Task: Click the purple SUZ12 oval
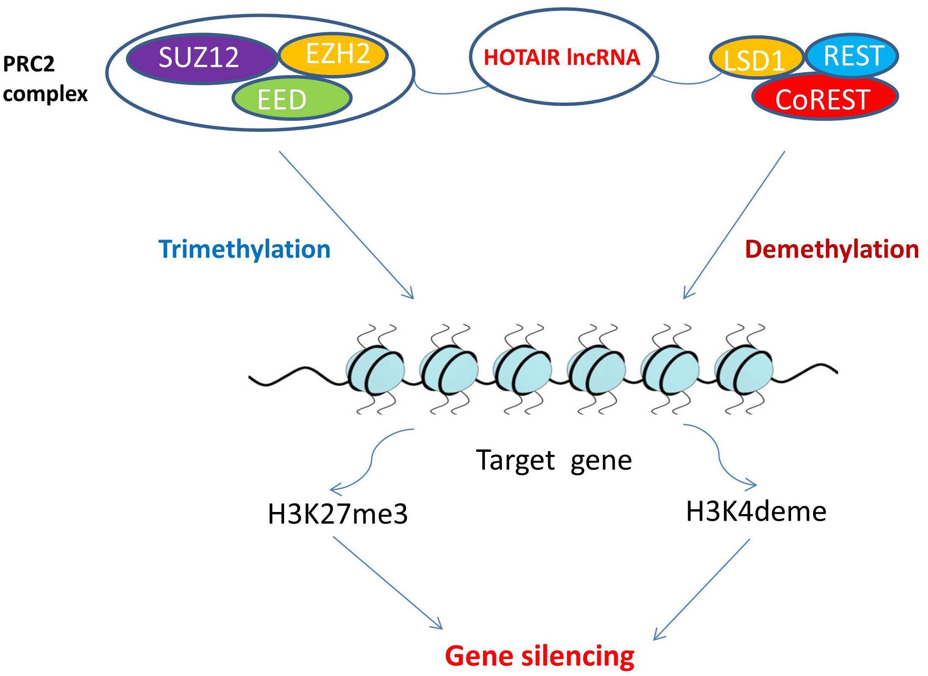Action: point(199,58)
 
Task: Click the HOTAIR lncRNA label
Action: point(562,58)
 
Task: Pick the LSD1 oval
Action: point(755,59)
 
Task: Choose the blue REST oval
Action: point(853,56)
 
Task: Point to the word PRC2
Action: point(29,64)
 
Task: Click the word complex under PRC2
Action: point(45,94)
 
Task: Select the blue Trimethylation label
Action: point(244,249)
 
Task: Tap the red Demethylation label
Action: point(832,249)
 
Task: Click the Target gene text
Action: point(554,460)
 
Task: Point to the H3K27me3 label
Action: point(337,514)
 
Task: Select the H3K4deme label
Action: point(756,512)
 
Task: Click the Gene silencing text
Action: point(539,656)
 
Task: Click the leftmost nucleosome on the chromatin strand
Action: point(375,370)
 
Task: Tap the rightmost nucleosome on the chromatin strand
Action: point(744,370)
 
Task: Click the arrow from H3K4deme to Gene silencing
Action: point(702,589)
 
